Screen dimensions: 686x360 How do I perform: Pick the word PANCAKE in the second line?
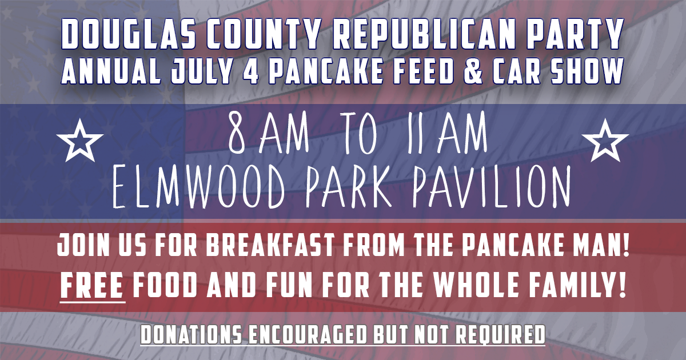pos(327,71)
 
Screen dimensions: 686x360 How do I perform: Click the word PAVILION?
pos(492,187)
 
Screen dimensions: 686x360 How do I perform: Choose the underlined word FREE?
pos(92,286)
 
